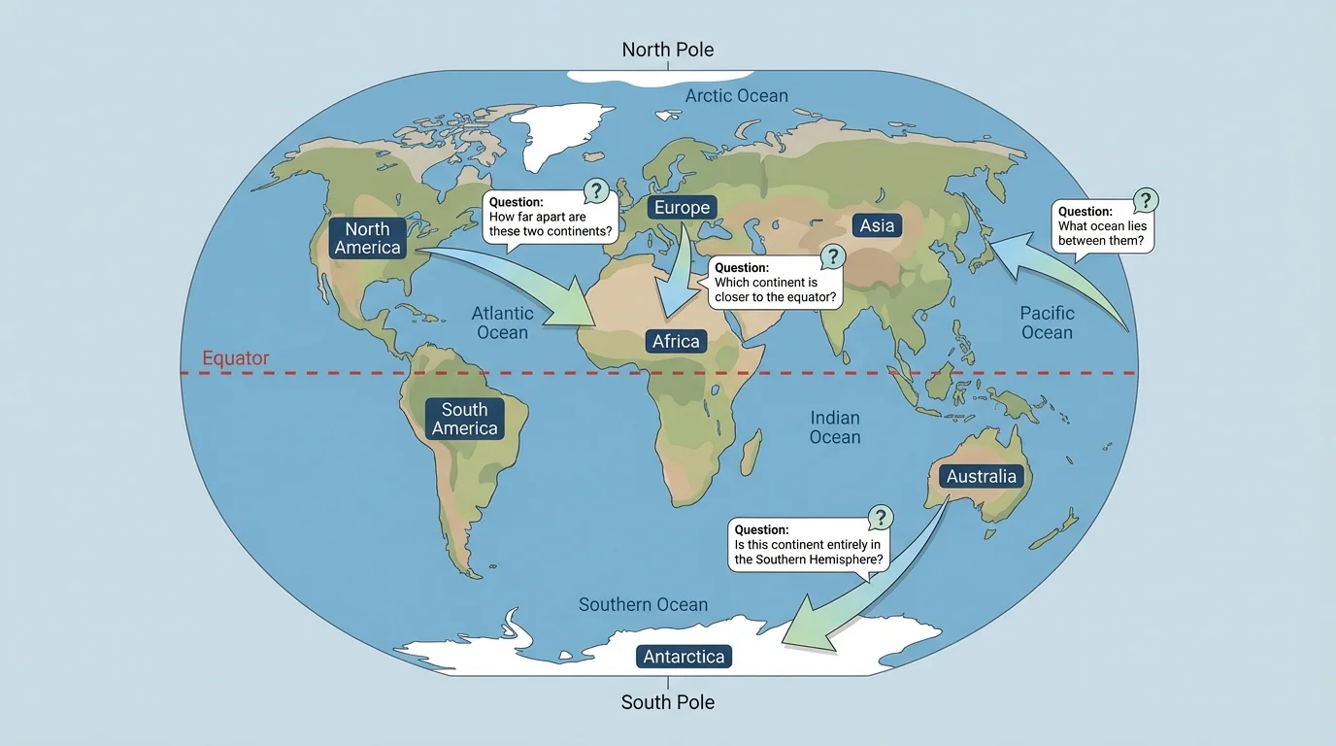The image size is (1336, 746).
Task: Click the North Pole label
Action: (x=667, y=50)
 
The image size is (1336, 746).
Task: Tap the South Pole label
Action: (x=667, y=702)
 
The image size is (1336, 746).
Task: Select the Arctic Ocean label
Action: (x=736, y=95)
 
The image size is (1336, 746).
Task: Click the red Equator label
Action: (x=235, y=358)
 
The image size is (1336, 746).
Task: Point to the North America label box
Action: (x=367, y=238)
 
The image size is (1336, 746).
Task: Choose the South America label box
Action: (x=464, y=419)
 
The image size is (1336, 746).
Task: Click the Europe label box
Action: (x=682, y=207)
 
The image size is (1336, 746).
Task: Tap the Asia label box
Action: (x=877, y=225)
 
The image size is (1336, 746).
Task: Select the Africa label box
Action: (x=676, y=341)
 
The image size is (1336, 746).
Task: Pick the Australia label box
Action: (x=981, y=476)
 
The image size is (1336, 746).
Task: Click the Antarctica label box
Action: (x=684, y=657)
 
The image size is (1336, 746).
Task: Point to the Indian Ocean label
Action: (x=835, y=427)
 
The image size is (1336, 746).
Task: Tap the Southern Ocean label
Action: (x=643, y=604)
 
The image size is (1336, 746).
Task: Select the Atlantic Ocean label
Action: (x=502, y=322)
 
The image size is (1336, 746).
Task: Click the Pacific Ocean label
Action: (x=1047, y=322)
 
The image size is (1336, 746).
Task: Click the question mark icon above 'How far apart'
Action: (x=596, y=190)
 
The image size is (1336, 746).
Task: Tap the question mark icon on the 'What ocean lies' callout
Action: (x=1146, y=201)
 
